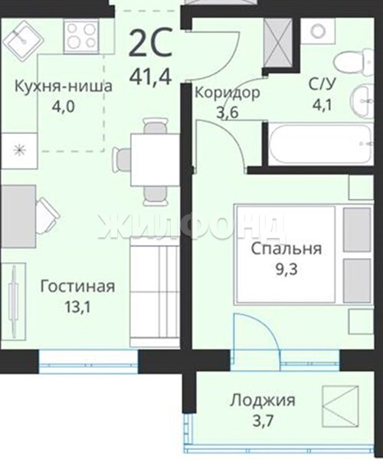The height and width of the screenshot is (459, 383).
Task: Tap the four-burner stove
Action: pyautogui.click(x=81, y=37)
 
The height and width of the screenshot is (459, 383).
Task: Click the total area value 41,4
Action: pyautogui.click(x=150, y=76)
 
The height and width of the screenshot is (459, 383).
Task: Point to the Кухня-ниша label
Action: pyautogui.click(x=64, y=86)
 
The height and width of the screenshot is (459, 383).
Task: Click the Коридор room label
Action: pyautogui.click(x=228, y=93)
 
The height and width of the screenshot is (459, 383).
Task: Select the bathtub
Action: pyautogui.click(x=321, y=144)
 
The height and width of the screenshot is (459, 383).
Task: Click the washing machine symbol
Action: pyautogui.click(x=318, y=31)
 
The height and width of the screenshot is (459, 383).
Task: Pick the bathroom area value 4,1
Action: pyautogui.click(x=322, y=105)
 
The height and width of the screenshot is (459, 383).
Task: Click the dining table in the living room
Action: pyautogui.click(x=155, y=160)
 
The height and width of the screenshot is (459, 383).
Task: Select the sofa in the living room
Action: pyautogui.click(x=155, y=293)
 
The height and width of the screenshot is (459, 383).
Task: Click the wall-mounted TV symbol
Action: pyautogui.click(x=14, y=301)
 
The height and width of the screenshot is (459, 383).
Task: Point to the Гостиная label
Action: pyautogui.click(x=77, y=287)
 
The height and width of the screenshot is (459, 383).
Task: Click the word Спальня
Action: pyautogui.click(x=286, y=249)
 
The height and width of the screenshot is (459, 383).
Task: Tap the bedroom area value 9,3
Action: pyautogui.click(x=286, y=269)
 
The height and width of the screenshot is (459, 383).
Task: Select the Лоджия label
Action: pyautogui.click(x=263, y=400)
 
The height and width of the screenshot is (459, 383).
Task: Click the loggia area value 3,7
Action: pyautogui.click(x=263, y=421)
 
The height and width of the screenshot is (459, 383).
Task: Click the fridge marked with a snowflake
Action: pyautogui.click(x=18, y=151)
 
